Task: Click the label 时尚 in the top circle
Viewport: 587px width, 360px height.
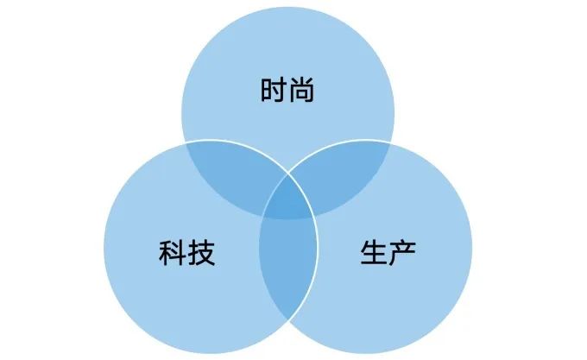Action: point(287,91)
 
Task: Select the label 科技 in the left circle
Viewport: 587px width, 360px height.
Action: point(186,253)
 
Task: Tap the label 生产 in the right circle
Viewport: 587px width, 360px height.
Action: point(388,253)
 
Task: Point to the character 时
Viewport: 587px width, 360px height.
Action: point(273,91)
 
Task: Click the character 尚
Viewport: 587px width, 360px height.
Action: point(300,91)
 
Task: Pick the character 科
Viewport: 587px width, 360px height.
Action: point(173,253)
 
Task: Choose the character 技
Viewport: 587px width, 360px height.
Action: point(200,253)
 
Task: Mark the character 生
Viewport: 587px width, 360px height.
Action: point(375,253)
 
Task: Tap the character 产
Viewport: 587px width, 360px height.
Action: point(402,253)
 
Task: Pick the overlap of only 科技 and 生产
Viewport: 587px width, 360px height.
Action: point(287,268)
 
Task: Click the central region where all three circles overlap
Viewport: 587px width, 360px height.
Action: point(287,205)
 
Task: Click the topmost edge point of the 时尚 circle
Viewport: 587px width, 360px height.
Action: point(287,6)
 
